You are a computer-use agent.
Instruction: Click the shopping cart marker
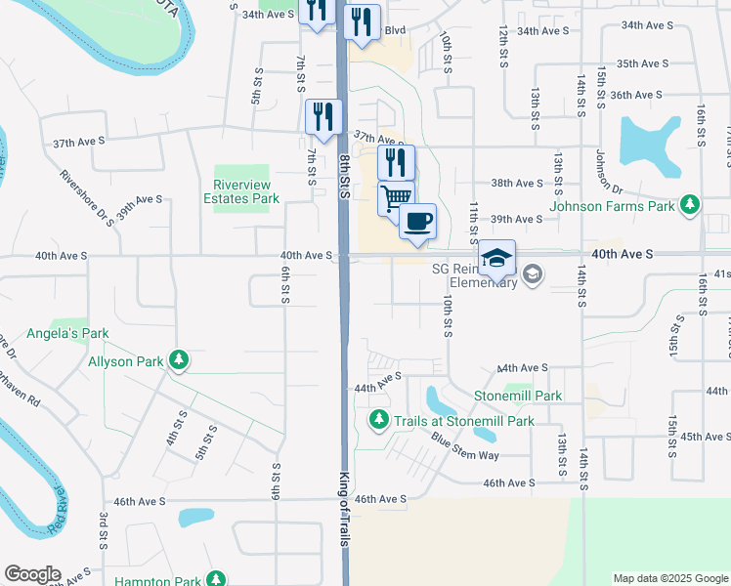pyautogui.click(x=396, y=198)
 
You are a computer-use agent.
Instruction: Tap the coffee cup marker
pyautogui.click(x=417, y=222)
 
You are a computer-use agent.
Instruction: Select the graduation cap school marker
pyautogui.click(x=496, y=258)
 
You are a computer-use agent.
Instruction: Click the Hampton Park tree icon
pyautogui.click(x=216, y=580)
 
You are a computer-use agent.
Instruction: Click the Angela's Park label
pyautogui.click(x=81, y=334)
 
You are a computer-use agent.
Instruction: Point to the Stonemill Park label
pyautogui.click(x=518, y=396)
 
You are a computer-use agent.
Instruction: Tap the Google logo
pyautogui.click(x=32, y=574)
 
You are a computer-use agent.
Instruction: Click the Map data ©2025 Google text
pyautogui.click(x=669, y=578)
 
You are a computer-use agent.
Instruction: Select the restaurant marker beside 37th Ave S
pyautogui.click(x=321, y=117)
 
